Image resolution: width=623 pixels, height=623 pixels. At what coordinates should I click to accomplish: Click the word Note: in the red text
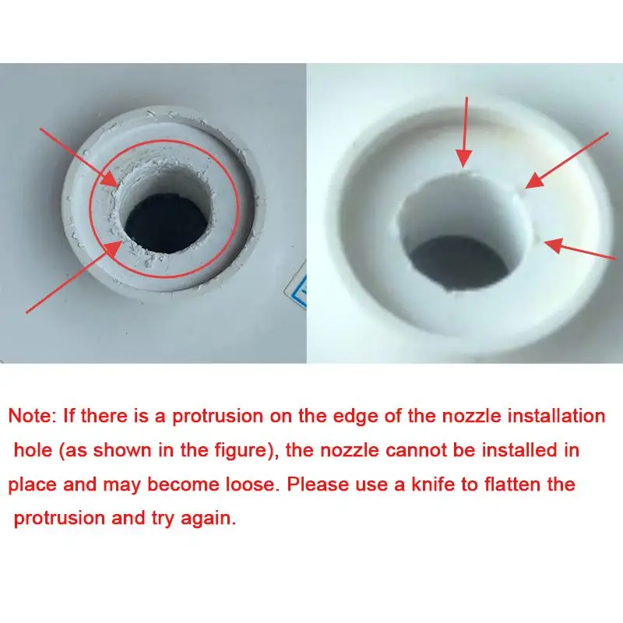pos(31,416)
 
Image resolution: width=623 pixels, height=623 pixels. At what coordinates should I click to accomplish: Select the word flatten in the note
pos(536,484)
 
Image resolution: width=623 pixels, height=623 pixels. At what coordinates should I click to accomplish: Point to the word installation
pos(556,416)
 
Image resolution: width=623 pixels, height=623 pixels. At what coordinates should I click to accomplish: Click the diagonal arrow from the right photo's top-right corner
pos(566,160)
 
